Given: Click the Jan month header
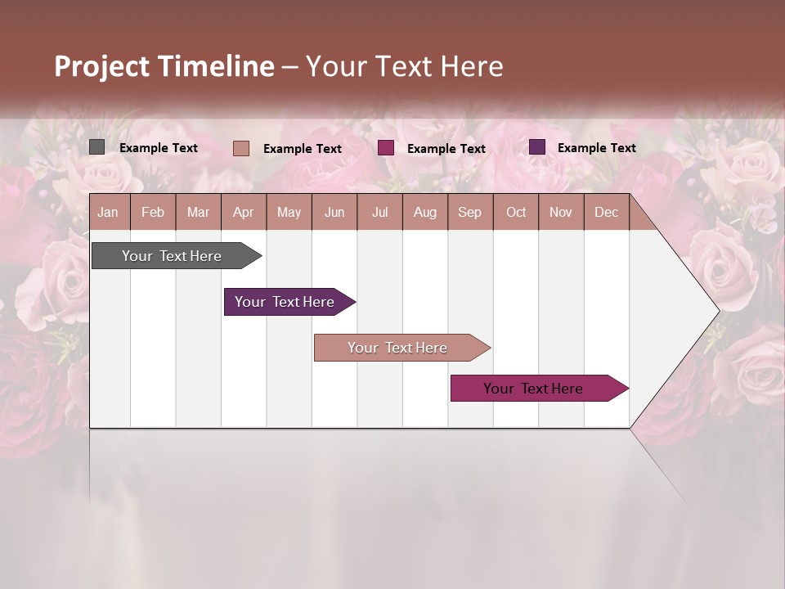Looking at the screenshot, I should pos(109,212).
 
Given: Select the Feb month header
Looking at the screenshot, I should pos(153,212).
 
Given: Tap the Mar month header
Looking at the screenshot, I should pos(198,212).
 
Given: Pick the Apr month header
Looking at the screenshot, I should pos(244,212).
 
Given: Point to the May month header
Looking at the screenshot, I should pos(289,212).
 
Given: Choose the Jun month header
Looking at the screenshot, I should pos(334,212).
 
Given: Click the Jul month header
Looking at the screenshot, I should pos(379,212).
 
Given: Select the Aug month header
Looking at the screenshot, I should pos(425,212).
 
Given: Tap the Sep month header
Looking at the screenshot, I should pos(470,212).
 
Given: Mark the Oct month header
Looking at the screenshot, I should pos(516,212).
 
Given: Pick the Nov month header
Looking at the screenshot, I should pos(561,212).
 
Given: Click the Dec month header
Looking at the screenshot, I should pos(607,212).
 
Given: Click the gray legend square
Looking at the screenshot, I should pos(97,147).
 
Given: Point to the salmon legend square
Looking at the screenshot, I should pos(241,148).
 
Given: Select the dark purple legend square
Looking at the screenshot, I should pos(537,147).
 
